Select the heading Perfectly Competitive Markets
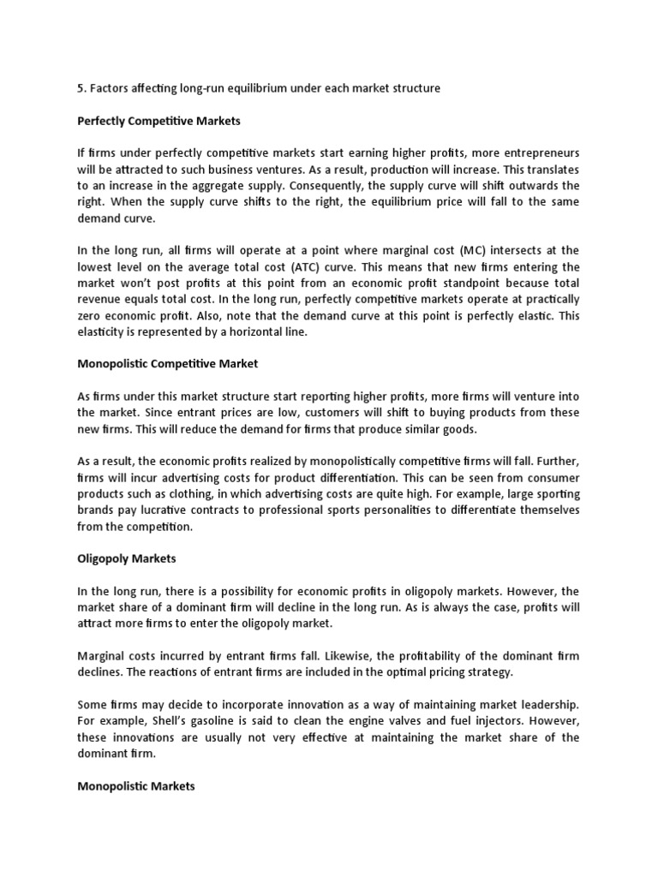click(159, 121)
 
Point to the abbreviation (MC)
click(475, 250)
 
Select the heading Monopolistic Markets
click(137, 785)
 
